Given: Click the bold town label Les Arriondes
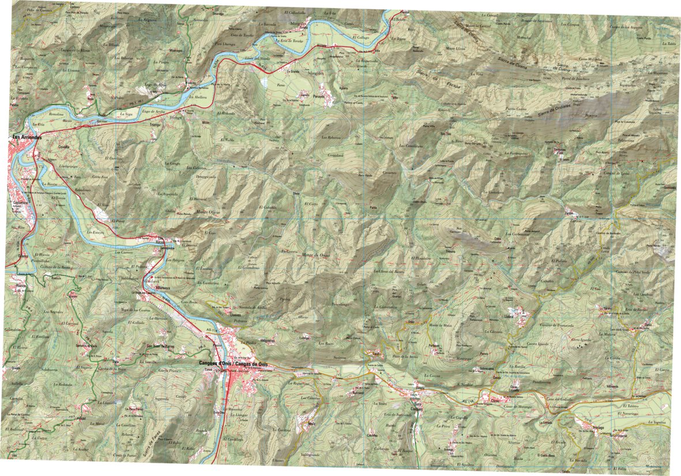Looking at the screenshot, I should point(29,137).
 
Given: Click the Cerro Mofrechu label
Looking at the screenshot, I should point(590,59).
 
